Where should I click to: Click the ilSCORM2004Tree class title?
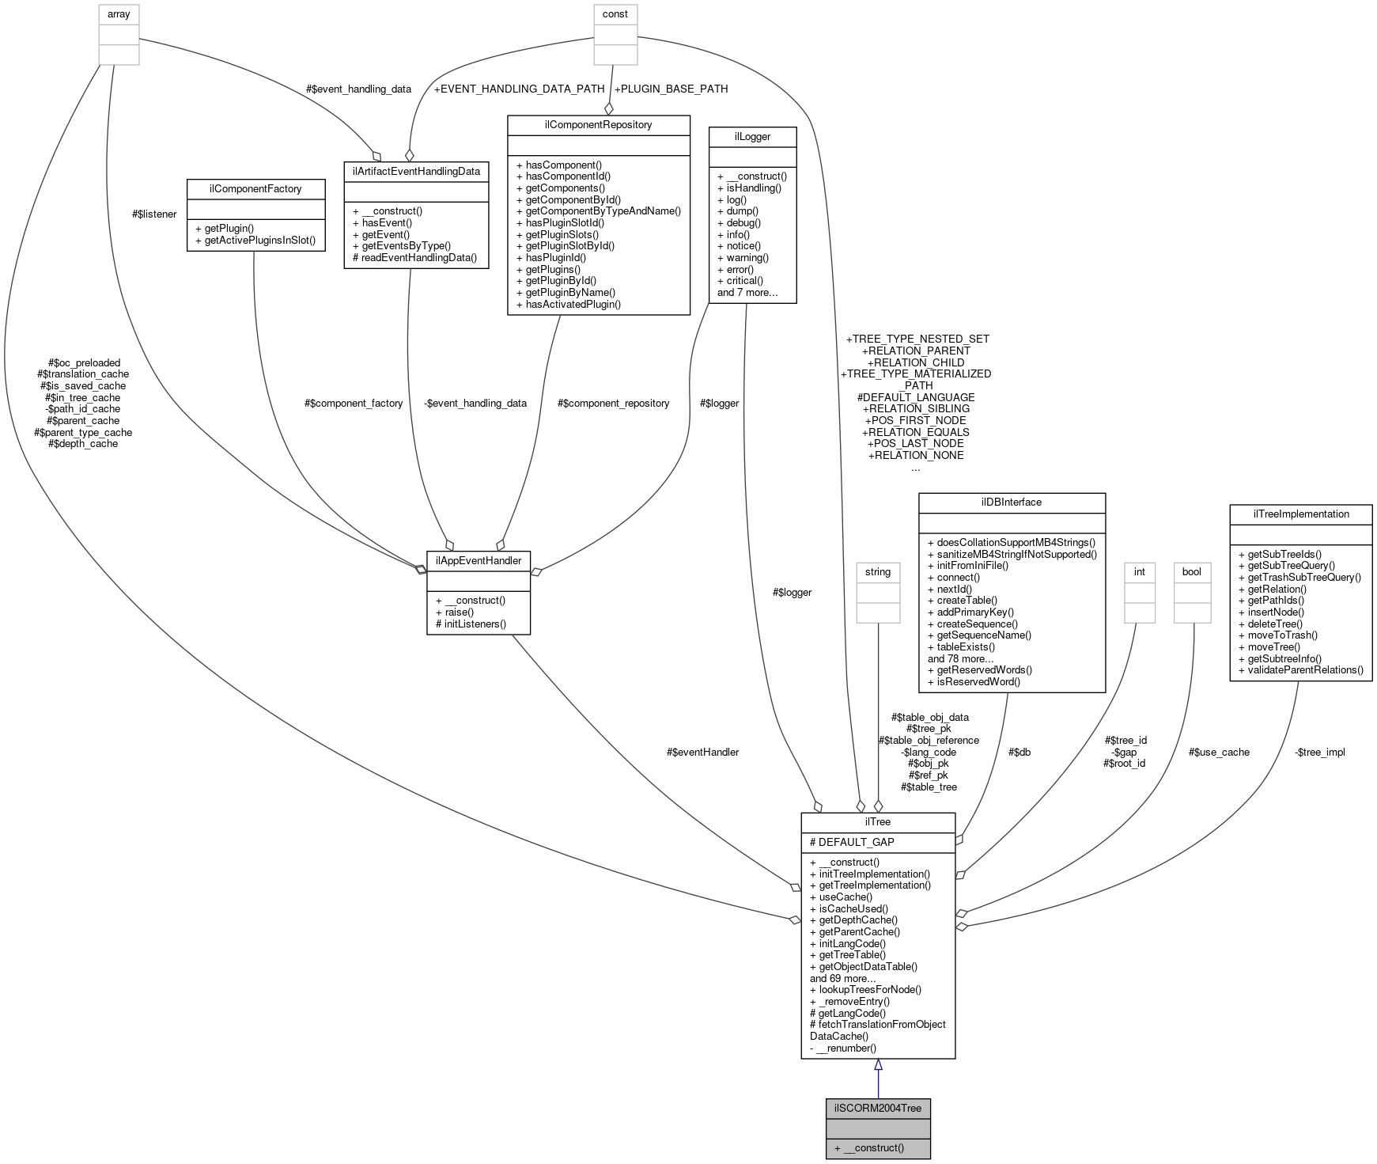pyautogui.click(x=877, y=1108)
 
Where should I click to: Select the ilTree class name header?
pyautogui.click(x=877, y=821)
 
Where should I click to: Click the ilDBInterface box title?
pyautogui.click(x=1011, y=502)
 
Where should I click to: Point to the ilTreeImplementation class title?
pyautogui.click(x=1300, y=514)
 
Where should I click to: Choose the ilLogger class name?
pyautogui.click(x=752, y=136)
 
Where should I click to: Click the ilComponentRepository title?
pyautogui.click(x=598, y=124)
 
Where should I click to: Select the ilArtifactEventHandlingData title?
pyautogui.click(x=416, y=170)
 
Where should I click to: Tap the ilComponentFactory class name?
pyautogui.click(x=255, y=188)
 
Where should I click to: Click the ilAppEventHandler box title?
pyautogui.click(x=478, y=560)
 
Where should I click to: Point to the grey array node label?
pyautogui.click(x=119, y=14)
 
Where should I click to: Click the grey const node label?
pyautogui.click(x=615, y=14)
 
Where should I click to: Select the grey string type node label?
pyautogui.click(x=877, y=571)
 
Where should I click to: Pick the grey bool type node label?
pyautogui.click(x=1191, y=571)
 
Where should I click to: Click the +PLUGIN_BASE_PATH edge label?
pyautogui.click(x=671, y=89)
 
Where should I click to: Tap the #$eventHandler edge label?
pyautogui.click(x=702, y=752)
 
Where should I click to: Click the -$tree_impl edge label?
pyautogui.click(x=1319, y=752)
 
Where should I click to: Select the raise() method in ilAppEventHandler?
pyautogui.click(x=454, y=612)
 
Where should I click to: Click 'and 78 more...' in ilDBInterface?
pyautogui.click(x=960, y=658)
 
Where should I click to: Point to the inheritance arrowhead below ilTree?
pyautogui.click(x=877, y=1066)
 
